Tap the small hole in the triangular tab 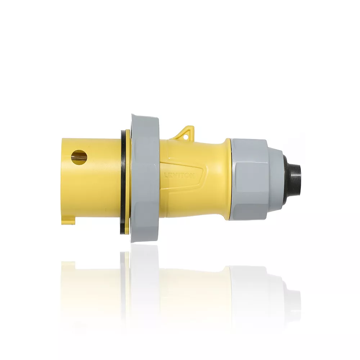point(186,136)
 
